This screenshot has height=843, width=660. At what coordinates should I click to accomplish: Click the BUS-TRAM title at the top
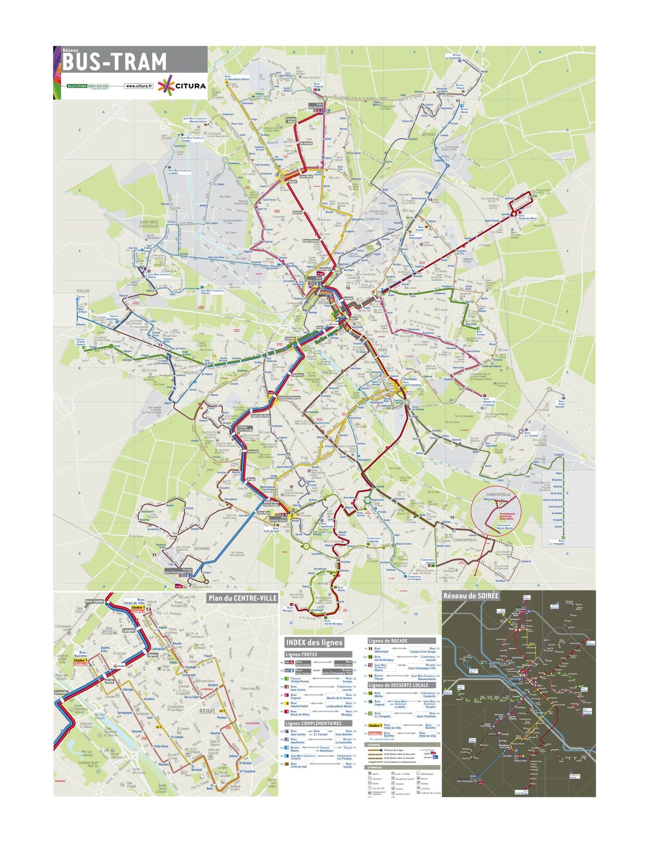[114, 63]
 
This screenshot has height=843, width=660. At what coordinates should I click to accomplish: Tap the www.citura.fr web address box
[139, 86]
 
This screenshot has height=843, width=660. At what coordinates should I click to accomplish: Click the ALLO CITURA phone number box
[88, 86]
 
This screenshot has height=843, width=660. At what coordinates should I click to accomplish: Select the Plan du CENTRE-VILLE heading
[242, 598]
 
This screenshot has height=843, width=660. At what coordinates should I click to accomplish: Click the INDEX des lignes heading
[314, 642]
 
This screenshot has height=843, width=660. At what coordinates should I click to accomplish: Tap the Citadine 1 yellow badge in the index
[374, 726]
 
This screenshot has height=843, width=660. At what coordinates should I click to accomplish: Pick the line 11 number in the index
[370, 649]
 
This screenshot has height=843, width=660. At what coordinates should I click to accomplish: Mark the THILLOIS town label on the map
[83, 290]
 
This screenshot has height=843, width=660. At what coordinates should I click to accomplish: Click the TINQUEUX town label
[189, 373]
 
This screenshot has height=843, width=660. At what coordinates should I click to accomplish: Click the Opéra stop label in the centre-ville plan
[152, 655]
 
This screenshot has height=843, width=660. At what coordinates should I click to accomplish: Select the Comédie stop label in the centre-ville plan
[61, 692]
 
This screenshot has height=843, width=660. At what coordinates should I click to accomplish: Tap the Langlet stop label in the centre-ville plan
[129, 630]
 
